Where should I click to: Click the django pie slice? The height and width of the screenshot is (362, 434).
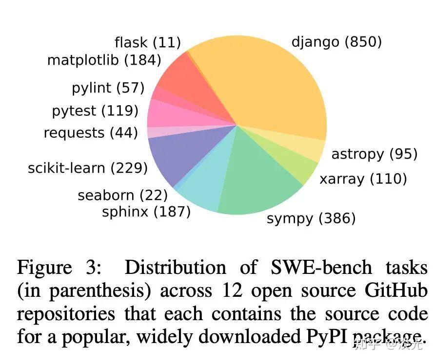(x=263, y=83)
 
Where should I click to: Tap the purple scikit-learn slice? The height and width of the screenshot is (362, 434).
(x=176, y=156)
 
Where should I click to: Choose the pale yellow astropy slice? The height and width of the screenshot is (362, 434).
(x=307, y=146)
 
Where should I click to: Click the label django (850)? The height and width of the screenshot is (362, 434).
(x=336, y=42)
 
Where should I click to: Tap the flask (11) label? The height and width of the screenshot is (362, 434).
(x=148, y=43)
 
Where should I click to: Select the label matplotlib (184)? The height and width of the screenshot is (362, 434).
(x=104, y=60)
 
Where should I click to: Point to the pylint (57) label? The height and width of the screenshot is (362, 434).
(x=108, y=88)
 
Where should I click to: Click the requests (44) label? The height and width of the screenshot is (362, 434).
(x=91, y=133)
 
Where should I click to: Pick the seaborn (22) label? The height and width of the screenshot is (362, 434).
(x=122, y=196)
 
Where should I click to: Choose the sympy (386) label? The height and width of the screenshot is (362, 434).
(x=311, y=218)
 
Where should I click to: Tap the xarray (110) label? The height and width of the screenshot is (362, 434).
(x=363, y=179)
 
